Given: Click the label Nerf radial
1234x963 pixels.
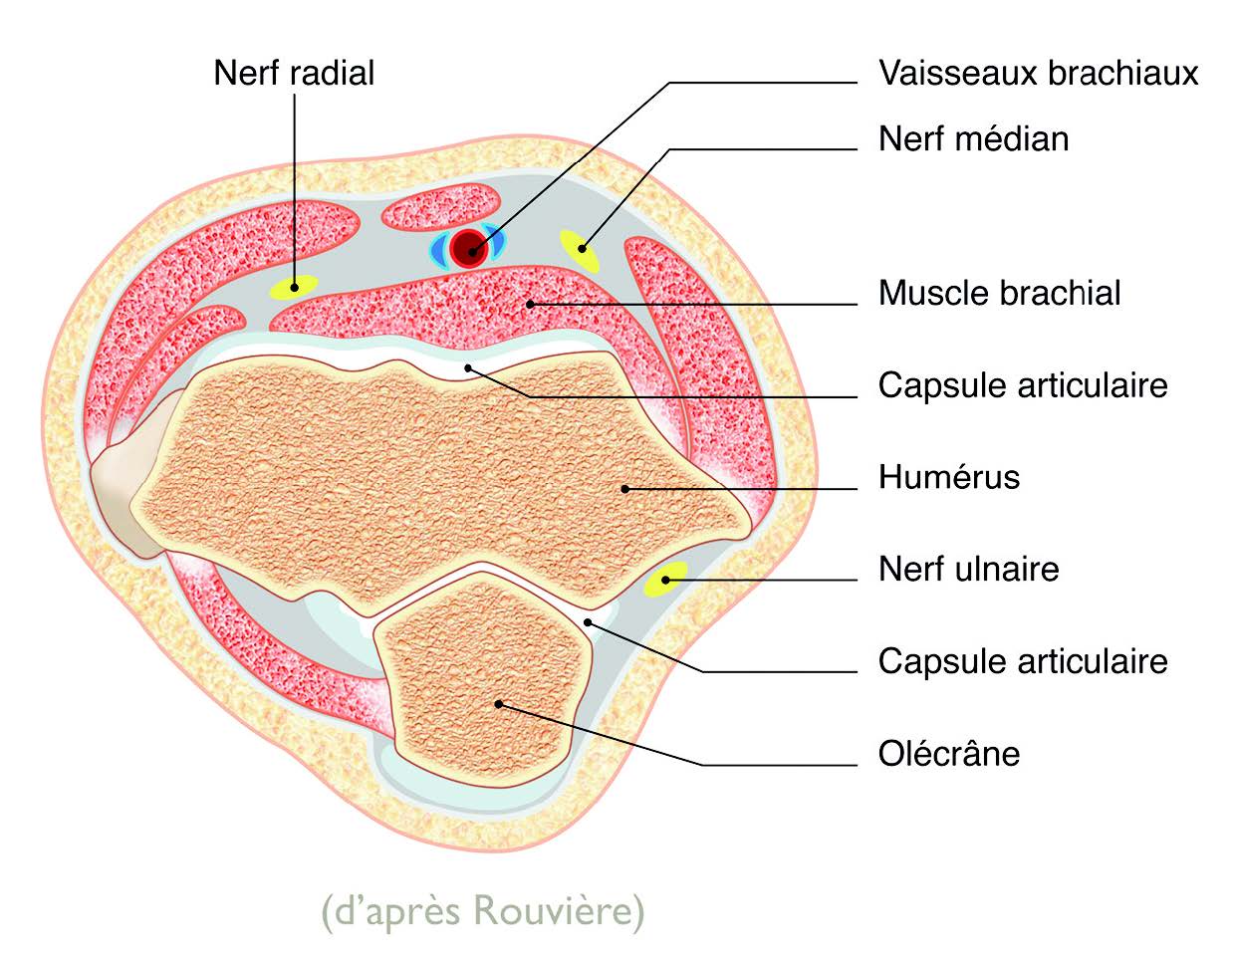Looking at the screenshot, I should click(x=294, y=73).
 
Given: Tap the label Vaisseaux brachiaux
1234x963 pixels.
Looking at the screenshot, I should click(x=1038, y=73).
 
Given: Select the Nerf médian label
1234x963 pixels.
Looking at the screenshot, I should click(x=973, y=138).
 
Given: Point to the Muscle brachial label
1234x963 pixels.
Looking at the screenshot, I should click(x=999, y=293).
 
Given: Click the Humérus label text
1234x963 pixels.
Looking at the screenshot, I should click(x=948, y=477).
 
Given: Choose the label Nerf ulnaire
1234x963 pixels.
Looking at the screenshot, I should click(x=968, y=569).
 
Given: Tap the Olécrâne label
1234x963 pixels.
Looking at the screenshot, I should click(x=948, y=753).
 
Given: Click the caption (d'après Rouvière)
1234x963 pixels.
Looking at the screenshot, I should click(x=482, y=910).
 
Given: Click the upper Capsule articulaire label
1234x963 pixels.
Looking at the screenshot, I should click(x=1022, y=385).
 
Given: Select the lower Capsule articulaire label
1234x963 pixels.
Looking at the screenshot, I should click(x=1022, y=661).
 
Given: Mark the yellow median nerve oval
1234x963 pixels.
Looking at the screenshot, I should click(x=580, y=250).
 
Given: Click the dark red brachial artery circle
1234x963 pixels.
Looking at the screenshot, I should click(x=466, y=248).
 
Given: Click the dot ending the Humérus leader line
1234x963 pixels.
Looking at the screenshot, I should click(x=625, y=488).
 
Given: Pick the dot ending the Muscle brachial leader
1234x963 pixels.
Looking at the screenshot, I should click(x=531, y=303).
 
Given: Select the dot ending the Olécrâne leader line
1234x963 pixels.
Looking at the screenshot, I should click(x=500, y=704).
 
